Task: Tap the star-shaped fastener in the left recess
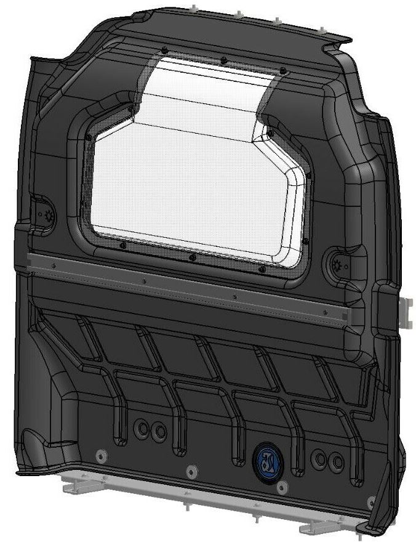coord(47,216)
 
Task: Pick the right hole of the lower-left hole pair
coord(160,431)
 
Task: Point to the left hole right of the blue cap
coord(319,458)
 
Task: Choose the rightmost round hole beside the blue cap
coord(335,461)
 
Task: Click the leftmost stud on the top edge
coord(194,8)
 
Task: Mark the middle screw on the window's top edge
coord(223,60)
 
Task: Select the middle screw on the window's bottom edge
coord(193,257)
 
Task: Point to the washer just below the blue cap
coord(281,488)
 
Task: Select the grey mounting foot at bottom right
coord(320,527)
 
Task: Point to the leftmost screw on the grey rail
coord(55,266)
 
